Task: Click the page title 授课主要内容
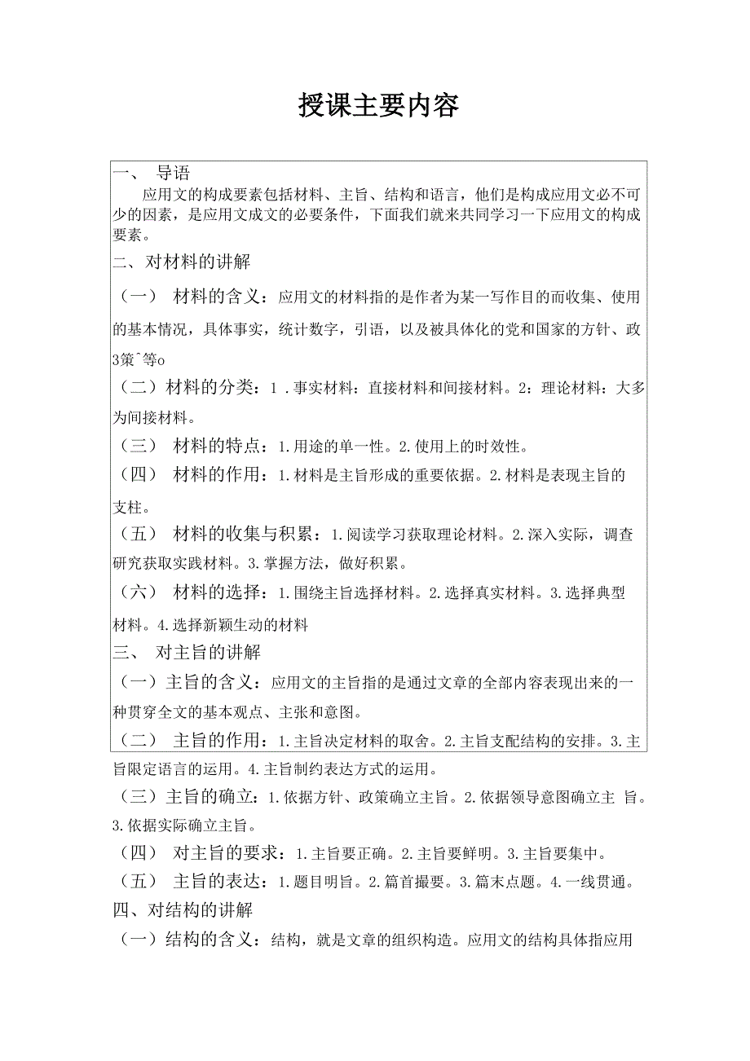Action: (x=378, y=105)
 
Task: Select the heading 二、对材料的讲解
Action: (x=181, y=262)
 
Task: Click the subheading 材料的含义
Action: (x=219, y=296)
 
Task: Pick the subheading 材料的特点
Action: (x=219, y=446)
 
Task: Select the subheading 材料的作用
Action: (x=219, y=475)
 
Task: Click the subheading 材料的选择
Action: (x=219, y=592)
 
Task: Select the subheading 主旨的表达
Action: (x=219, y=882)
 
